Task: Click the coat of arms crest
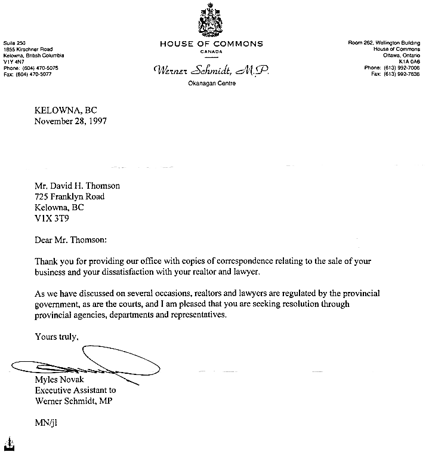pos(211,19)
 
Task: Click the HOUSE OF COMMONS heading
pos(211,44)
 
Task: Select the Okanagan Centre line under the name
pos(211,84)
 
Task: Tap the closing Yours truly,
pos(57,336)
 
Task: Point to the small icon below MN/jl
pos(8,444)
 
